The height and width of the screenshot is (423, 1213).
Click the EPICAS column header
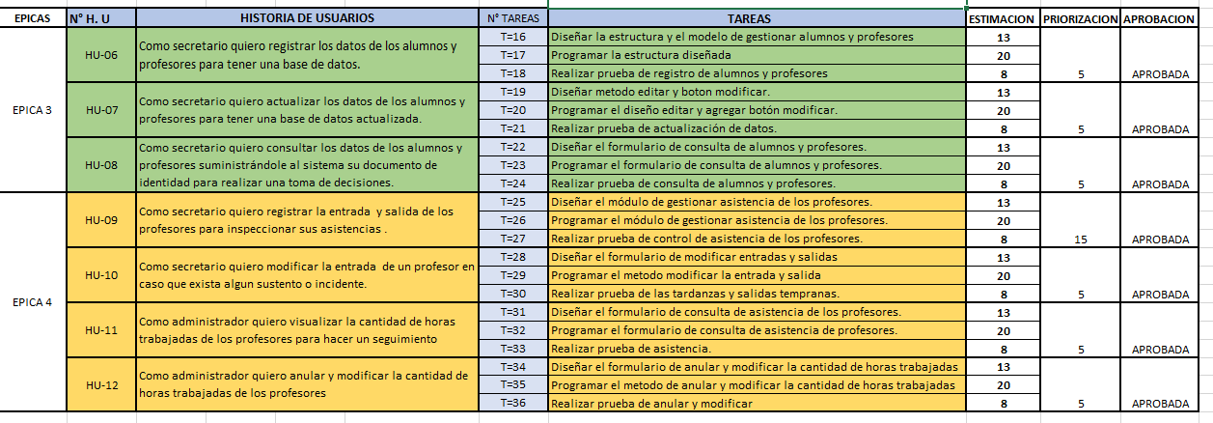(33, 18)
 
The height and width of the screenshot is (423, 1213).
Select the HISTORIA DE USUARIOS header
(307, 18)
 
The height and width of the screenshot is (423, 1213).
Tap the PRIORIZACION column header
(1080, 18)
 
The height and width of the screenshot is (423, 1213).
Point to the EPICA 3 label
(33, 109)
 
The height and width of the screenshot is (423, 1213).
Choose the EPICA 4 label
(33, 302)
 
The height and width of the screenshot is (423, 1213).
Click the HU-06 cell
(101, 55)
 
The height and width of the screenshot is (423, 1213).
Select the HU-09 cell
(101, 220)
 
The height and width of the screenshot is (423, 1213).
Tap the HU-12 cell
(101, 385)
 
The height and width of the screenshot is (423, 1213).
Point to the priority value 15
(1080, 239)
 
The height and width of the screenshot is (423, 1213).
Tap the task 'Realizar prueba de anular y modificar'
(651, 404)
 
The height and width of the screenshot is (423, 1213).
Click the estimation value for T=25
(1003, 202)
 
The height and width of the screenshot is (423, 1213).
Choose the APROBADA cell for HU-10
(1160, 295)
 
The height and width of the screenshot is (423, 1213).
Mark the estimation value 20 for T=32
(1003, 330)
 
